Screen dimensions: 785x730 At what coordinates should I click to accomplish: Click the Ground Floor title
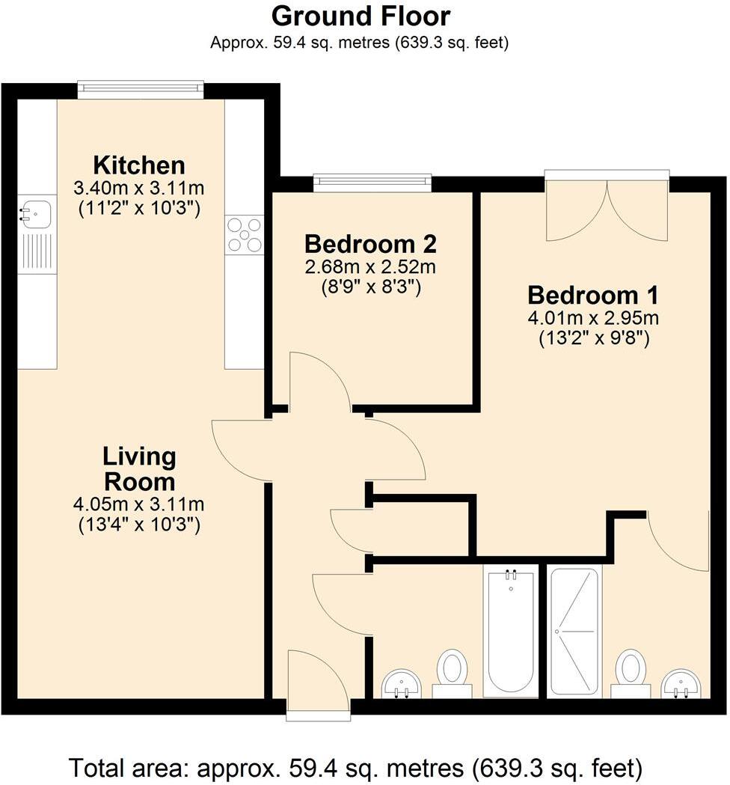[x=361, y=16]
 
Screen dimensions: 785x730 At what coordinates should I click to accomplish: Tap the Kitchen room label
[x=138, y=165]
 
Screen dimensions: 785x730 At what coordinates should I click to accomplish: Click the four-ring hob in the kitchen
[x=245, y=233]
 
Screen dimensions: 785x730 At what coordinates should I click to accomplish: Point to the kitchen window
[x=141, y=90]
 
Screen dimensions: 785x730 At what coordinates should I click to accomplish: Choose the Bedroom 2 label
[x=370, y=244]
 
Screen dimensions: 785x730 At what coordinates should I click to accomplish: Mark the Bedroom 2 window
[x=372, y=182]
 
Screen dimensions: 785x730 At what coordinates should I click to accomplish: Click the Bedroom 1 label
[x=593, y=293]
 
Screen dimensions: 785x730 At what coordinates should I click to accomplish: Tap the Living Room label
[x=139, y=468]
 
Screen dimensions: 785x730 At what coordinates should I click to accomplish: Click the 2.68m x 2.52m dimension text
[x=370, y=266]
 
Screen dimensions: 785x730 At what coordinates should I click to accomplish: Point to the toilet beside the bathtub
[x=452, y=672]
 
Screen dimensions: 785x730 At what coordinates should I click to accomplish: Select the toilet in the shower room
[x=631, y=672]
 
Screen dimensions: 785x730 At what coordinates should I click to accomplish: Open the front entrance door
[x=317, y=685]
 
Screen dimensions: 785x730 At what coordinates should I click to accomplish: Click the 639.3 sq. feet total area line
[x=356, y=767]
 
